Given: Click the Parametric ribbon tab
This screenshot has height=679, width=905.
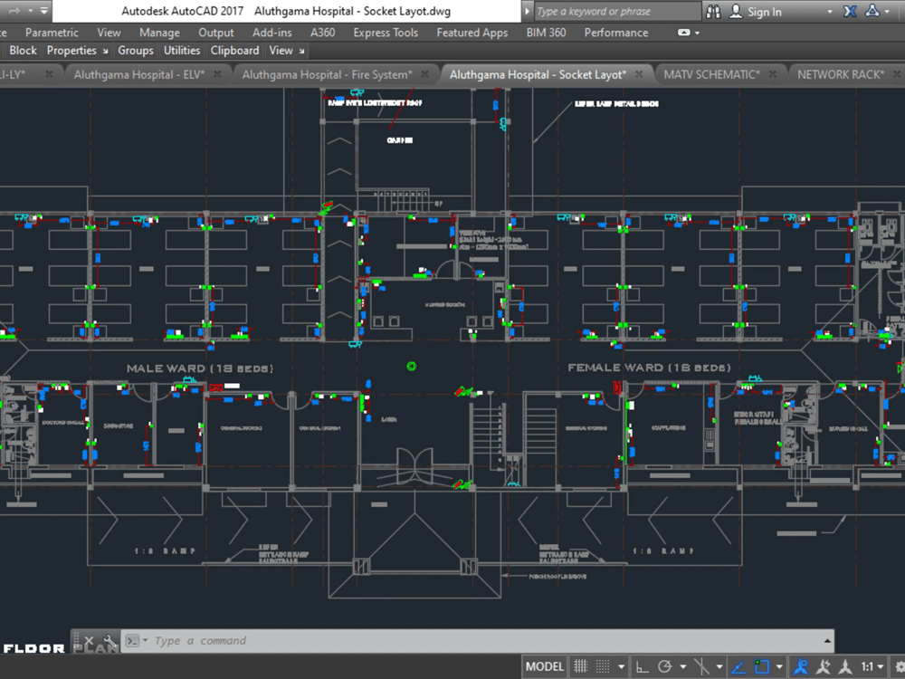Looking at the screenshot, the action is (x=52, y=33).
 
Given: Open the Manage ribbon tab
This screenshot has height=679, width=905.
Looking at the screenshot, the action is (x=159, y=33).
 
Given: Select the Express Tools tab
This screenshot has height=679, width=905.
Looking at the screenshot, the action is (x=386, y=33).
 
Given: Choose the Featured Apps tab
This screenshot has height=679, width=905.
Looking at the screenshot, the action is (x=472, y=33).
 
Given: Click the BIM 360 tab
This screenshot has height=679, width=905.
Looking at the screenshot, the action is (x=546, y=33).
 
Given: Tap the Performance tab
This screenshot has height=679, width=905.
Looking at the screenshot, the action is (x=615, y=33).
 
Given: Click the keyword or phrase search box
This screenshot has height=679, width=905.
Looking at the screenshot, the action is (x=615, y=12).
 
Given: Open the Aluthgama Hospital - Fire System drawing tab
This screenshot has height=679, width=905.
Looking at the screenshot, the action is (x=327, y=74).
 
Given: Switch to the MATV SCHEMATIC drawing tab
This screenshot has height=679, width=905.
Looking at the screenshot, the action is (x=711, y=74).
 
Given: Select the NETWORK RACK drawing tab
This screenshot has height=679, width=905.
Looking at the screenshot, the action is (x=840, y=74).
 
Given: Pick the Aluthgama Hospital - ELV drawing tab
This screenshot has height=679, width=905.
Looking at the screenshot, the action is (x=139, y=74).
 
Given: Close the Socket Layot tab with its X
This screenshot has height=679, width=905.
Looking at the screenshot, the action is (x=639, y=74).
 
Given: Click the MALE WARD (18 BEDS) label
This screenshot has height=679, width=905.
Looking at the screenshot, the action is (x=200, y=368).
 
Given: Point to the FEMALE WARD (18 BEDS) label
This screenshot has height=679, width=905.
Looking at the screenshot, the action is (x=648, y=368).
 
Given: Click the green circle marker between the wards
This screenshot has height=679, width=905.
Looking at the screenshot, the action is (x=412, y=366).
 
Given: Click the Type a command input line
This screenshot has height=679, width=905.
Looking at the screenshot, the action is (x=362, y=641).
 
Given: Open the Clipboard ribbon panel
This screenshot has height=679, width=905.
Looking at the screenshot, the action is (x=234, y=51).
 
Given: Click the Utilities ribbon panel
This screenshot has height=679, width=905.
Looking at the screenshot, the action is (x=182, y=51).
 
